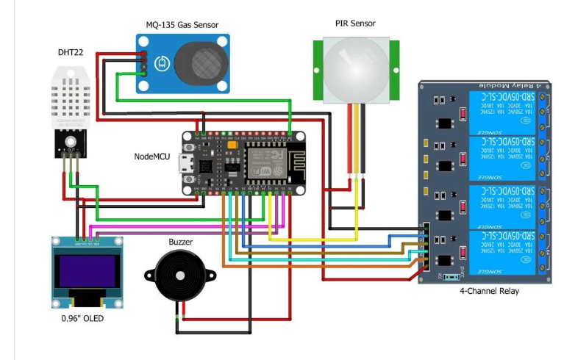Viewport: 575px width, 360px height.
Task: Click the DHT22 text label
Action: pos(70,53)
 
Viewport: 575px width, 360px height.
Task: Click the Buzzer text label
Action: pos(181,240)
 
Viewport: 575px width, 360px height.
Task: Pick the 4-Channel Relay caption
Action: pos(489,291)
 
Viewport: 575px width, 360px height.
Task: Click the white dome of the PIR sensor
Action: pos(355,70)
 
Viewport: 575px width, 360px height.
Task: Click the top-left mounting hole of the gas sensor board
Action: pos(143,40)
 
